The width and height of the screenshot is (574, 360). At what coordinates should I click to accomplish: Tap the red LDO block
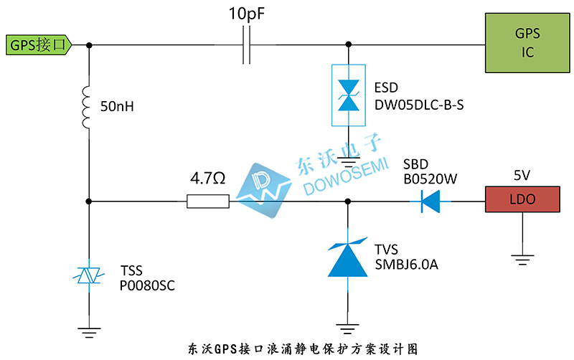pos(522,200)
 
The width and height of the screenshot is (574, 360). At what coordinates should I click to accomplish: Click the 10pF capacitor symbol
pos(246,45)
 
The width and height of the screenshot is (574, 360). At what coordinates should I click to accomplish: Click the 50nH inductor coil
pos(88,108)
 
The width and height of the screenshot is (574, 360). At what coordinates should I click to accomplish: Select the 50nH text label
pos(118,108)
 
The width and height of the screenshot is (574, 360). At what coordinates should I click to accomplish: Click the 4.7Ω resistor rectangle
pos(208,202)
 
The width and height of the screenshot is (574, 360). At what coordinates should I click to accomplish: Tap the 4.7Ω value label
pos(208,177)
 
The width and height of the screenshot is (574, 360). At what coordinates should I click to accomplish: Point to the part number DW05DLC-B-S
pos(419,105)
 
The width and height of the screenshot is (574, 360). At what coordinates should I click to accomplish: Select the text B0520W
pos(430,178)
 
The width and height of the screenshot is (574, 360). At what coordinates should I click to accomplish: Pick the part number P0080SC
pos(147,285)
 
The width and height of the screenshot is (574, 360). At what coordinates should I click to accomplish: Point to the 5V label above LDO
pos(522,176)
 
